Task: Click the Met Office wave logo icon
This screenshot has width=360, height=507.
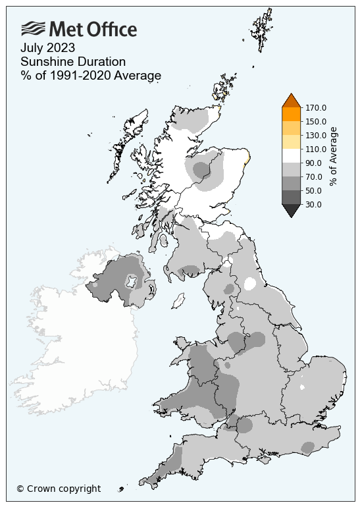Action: [33, 29]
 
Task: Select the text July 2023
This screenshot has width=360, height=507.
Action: [47, 47]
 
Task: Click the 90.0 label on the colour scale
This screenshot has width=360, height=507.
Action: [313, 163]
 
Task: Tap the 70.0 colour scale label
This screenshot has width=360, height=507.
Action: [313, 176]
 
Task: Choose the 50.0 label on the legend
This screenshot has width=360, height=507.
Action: [313, 190]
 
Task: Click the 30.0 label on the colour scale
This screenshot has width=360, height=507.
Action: [313, 204]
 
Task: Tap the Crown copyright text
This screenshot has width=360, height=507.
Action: [59, 489]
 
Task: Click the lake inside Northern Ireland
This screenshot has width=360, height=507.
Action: [132, 282]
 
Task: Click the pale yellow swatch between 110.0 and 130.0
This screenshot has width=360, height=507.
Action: [291, 142]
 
